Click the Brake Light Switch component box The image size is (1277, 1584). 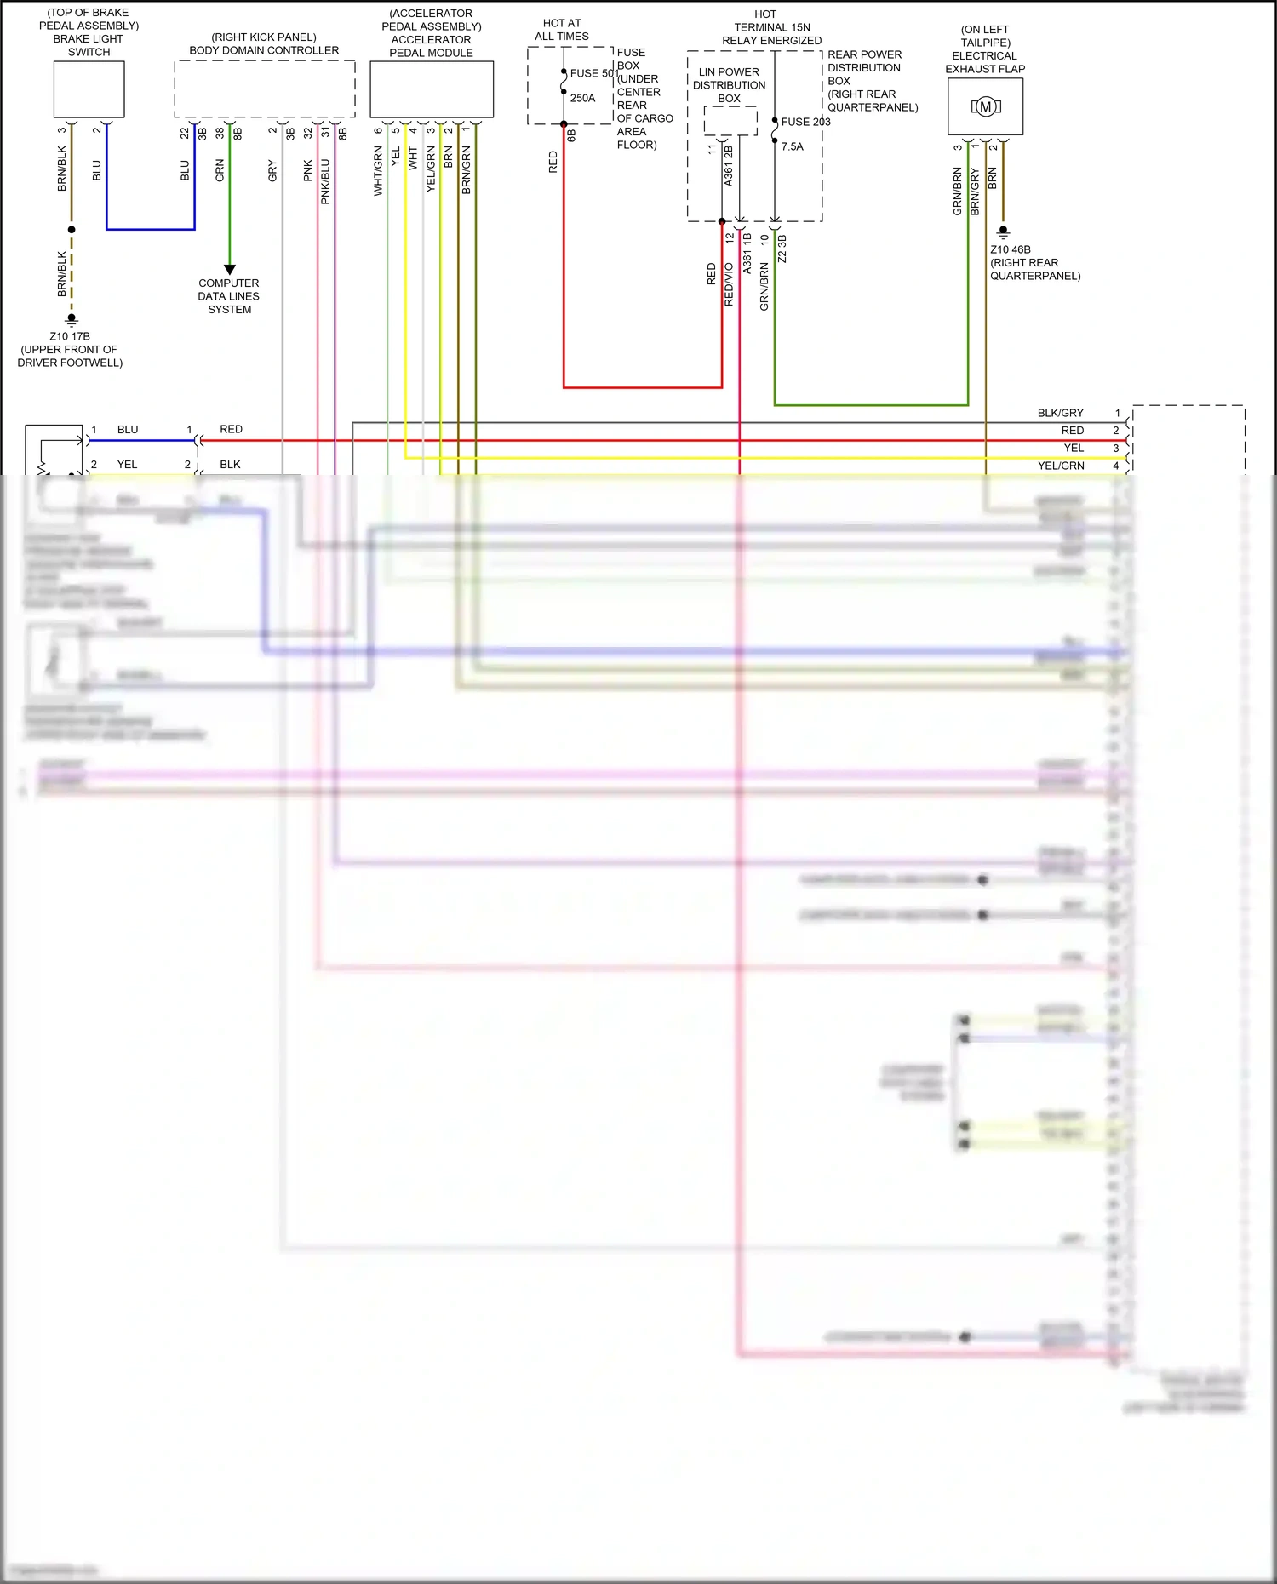click(89, 89)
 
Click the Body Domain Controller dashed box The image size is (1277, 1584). click(264, 89)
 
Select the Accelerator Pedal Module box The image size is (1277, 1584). click(432, 89)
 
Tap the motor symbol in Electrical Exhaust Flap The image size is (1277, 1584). click(985, 107)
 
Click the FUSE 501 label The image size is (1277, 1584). click(593, 73)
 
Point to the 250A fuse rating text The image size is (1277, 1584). click(583, 98)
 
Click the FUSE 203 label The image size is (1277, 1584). click(805, 122)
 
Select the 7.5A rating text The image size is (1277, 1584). click(793, 146)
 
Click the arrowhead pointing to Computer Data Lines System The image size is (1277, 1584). click(229, 269)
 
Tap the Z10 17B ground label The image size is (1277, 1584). click(70, 336)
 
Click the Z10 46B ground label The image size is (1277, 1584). click(1011, 249)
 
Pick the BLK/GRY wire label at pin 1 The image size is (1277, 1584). click(1060, 413)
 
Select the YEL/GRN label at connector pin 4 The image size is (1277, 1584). click(1061, 466)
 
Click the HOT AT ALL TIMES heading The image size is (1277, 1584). click(562, 30)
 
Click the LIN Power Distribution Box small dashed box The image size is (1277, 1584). click(730, 121)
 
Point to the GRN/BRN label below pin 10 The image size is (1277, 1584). click(764, 286)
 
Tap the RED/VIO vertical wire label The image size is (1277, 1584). click(729, 284)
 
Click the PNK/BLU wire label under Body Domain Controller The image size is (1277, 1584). click(325, 181)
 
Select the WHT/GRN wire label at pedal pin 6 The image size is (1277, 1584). click(378, 171)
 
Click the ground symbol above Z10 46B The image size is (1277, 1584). click(1003, 232)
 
